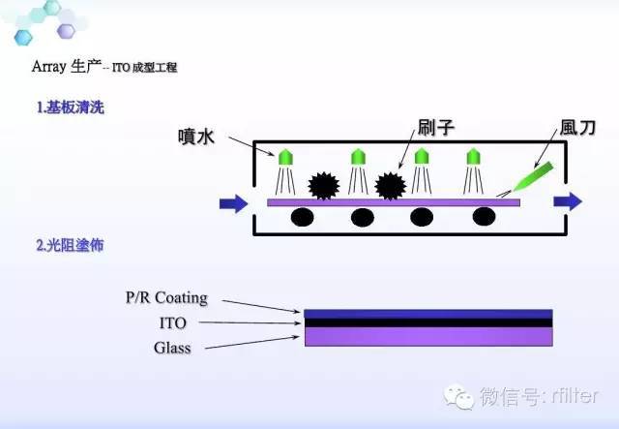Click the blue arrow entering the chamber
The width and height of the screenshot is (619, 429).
[x=233, y=202]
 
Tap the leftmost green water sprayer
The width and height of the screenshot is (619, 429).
[x=285, y=155]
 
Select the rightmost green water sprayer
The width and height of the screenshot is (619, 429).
[x=474, y=155]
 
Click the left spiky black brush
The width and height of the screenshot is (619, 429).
[x=322, y=184]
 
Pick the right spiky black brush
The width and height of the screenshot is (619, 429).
[x=390, y=184]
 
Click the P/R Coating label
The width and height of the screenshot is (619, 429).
[x=166, y=297]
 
